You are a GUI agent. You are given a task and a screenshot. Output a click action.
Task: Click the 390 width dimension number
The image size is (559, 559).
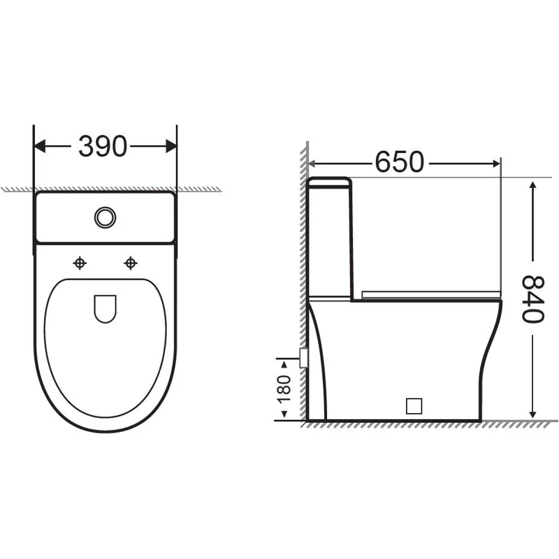(x=103, y=146)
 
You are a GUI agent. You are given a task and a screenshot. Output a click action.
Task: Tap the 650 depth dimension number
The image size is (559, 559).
(x=400, y=162)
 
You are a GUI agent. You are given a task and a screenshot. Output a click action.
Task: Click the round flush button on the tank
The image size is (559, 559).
(x=105, y=217)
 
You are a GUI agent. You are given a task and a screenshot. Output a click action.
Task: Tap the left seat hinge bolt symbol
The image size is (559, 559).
(x=80, y=263)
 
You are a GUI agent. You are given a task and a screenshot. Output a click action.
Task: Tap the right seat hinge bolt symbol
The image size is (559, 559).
(x=130, y=263)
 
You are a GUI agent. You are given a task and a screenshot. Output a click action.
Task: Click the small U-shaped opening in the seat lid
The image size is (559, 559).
(x=105, y=308)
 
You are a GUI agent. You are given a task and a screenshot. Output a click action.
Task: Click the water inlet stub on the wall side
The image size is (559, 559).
(x=303, y=357)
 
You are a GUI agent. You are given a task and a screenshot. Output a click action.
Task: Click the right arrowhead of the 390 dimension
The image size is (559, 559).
(x=171, y=146)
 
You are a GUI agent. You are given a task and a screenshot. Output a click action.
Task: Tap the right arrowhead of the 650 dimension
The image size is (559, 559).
(x=495, y=163)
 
